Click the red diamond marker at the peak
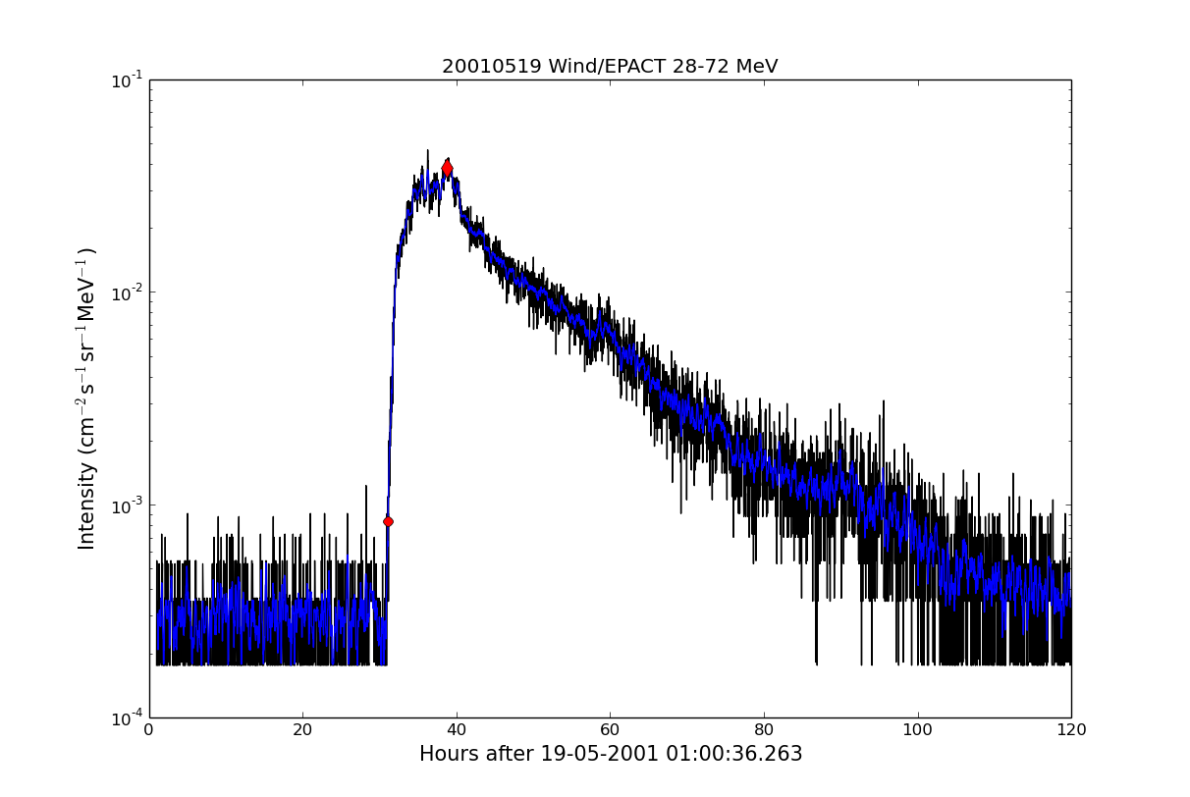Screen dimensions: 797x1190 tap(447, 169)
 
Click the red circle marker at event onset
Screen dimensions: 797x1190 tap(388, 521)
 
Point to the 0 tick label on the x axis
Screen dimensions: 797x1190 tap(149, 730)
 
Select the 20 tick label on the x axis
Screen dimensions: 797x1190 tap(302, 730)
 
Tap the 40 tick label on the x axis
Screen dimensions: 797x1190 tap(457, 730)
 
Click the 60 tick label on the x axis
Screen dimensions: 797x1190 tap(610, 730)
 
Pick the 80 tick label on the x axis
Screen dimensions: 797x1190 tap(764, 730)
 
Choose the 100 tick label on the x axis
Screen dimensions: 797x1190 tap(917, 730)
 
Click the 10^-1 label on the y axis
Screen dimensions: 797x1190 tap(126, 80)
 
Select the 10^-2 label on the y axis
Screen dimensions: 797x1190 tap(126, 292)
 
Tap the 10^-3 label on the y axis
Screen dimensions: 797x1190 tap(126, 505)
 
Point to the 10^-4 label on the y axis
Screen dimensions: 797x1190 tap(126, 717)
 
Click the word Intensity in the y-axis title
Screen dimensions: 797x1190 tap(87, 506)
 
